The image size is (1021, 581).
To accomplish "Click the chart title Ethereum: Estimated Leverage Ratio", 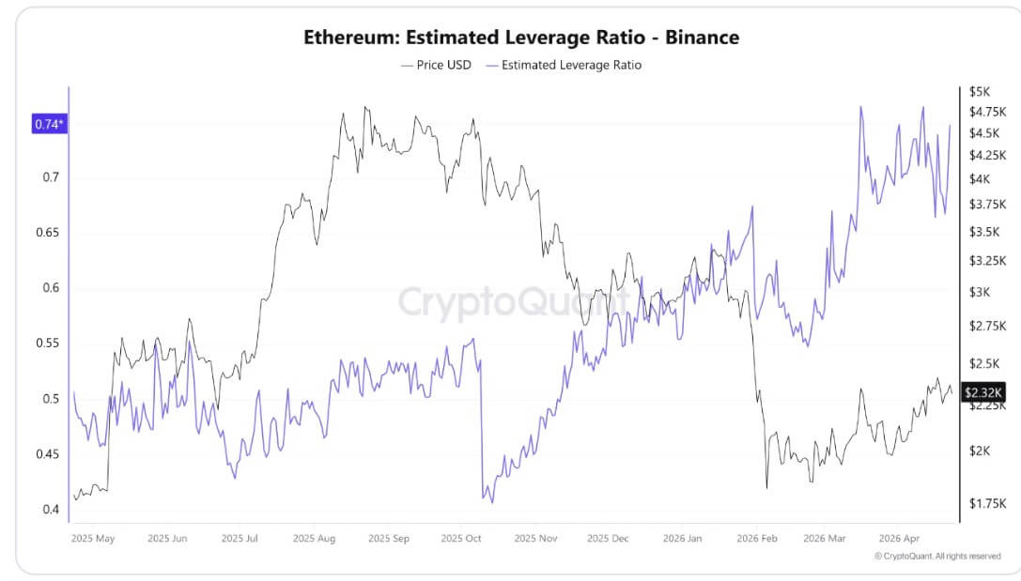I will tap(521, 38).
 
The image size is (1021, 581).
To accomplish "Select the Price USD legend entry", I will tap(436, 65).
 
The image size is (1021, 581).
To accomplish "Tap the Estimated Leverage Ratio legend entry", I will tap(564, 65).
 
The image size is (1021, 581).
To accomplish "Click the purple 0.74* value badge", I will tap(50, 124).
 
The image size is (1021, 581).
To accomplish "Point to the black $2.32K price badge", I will tap(983, 393).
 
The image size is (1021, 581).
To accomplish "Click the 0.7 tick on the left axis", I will tap(51, 177).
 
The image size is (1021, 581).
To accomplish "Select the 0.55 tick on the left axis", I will tap(47, 344).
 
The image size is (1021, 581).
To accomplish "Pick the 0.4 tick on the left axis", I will tap(51, 510).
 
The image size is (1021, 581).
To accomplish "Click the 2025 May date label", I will tap(93, 539).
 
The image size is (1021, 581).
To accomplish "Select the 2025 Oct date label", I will tap(461, 539).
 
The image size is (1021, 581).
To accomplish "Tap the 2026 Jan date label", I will tap(683, 539).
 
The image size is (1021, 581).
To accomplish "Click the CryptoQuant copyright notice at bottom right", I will tap(936, 557).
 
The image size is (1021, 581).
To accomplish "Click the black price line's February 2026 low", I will tap(767, 488).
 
